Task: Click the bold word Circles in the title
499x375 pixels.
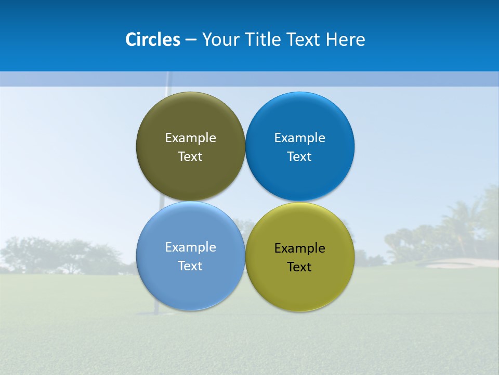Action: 153,40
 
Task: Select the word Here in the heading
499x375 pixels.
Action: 346,40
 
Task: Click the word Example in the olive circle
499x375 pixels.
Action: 190,138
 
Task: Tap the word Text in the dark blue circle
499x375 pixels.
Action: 299,157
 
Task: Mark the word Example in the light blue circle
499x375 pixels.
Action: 190,247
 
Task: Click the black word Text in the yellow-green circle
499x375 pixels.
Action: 299,267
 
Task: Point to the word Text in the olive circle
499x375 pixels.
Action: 190,157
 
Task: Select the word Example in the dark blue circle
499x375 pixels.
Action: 299,138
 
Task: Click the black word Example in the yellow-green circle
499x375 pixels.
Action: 299,248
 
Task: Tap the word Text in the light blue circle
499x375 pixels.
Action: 190,266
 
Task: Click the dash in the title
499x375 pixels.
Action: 191,40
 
